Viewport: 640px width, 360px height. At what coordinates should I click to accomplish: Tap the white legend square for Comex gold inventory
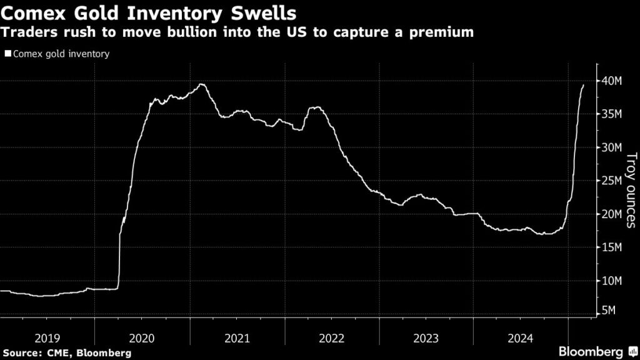pyautogui.click(x=7, y=54)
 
